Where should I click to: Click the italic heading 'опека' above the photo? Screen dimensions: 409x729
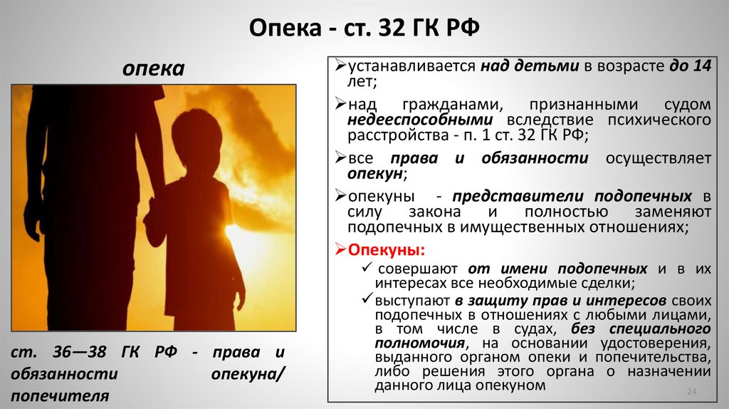pos(153,69)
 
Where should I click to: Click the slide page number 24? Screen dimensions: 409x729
pos(690,392)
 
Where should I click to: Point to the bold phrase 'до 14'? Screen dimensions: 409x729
pos(690,67)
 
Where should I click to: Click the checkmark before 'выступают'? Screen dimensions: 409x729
pos(367,299)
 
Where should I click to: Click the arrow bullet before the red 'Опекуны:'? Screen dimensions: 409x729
pos(340,250)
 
